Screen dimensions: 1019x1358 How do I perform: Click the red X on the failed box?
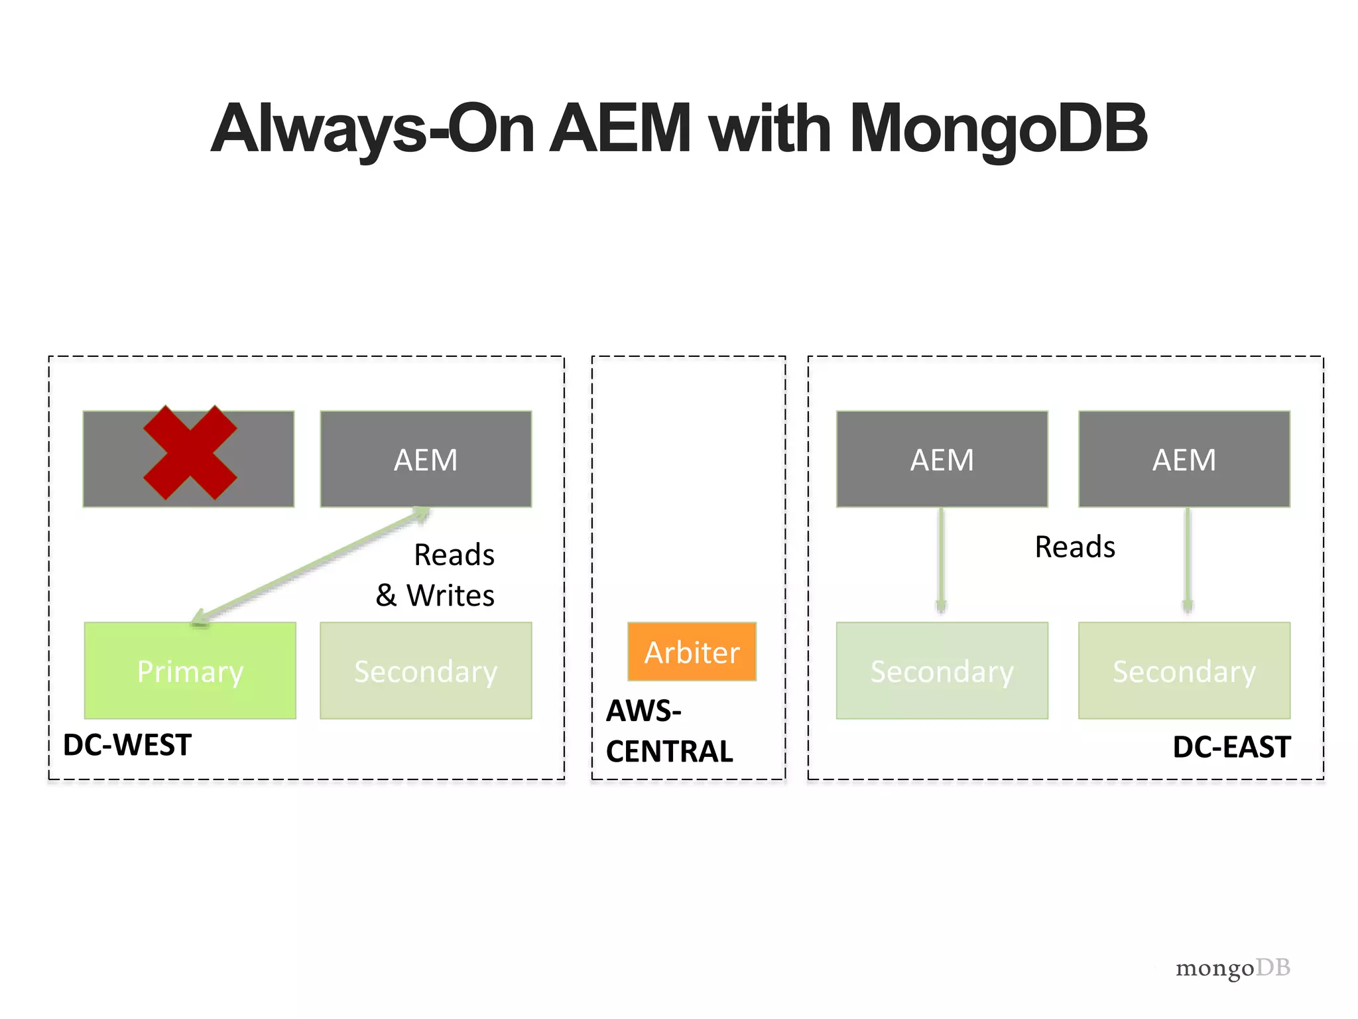tap(190, 452)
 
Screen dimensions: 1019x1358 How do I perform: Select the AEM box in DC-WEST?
tap(426, 459)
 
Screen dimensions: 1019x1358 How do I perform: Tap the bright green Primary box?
tap(190, 671)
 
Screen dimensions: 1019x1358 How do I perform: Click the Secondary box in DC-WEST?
tap(426, 671)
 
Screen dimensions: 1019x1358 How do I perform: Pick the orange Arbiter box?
tap(692, 652)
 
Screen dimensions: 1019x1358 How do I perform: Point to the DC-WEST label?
tap(127, 745)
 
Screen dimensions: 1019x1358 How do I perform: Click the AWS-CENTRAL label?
tap(669, 731)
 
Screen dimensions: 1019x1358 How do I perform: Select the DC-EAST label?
tap(1231, 747)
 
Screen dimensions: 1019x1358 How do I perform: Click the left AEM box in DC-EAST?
tap(942, 459)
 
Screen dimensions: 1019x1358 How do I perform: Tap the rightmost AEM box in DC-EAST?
tap(1184, 459)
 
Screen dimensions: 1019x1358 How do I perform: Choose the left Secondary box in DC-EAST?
tap(942, 671)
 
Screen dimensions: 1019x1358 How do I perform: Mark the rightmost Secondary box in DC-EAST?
tap(1184, 671)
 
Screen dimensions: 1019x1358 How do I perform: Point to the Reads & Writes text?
tap(436, 575)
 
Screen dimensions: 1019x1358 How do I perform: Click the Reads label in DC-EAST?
tap(1075, 547)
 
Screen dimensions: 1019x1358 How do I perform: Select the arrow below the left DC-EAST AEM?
tap(941, 561)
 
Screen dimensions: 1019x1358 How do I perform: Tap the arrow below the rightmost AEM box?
tap(1188, 561)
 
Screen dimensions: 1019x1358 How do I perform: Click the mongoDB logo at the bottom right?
tap(1233, 968)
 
